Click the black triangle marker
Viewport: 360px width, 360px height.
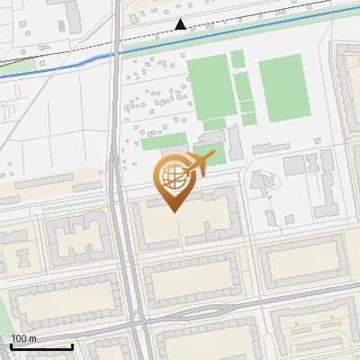pos(181,24)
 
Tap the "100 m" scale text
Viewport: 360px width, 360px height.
pos(24,337)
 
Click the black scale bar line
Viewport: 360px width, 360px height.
pos(41,346)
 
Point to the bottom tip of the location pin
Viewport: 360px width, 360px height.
pos(174,211)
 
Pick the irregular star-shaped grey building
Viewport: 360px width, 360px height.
pos(264,184)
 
